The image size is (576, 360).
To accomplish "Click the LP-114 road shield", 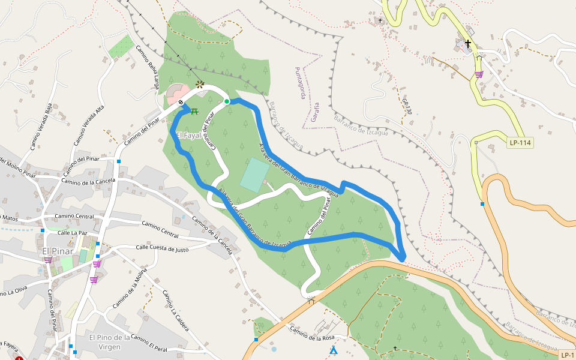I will [520, 143].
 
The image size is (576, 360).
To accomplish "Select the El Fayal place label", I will [188, 135].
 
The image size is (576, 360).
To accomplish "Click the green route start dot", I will [227, 101].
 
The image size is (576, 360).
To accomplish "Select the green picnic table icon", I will [194, 111].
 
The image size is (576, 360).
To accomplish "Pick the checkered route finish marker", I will [181, 103].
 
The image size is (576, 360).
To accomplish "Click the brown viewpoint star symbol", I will [200, 85].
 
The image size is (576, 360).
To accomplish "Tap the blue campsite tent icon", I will [333, 350].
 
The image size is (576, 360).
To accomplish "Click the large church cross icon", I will [467, 44].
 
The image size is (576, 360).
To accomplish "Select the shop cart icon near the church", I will [479, 74].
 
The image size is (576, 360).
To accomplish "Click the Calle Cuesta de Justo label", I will [162, 248].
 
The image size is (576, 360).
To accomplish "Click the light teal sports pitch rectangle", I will [255, 175].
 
